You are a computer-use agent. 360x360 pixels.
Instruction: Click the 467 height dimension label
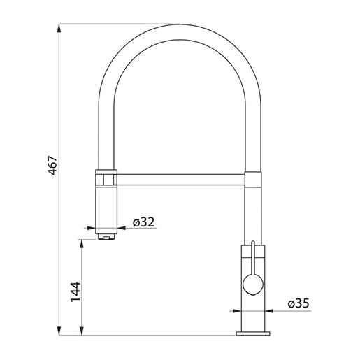coord(52,165)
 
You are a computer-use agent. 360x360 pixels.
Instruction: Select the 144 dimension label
coord(75,291)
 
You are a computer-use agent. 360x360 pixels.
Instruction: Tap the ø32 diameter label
coord(143,222)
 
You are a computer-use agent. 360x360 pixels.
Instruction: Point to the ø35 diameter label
coord(298,303)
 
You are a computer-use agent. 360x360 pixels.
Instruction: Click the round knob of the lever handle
coord(253,285)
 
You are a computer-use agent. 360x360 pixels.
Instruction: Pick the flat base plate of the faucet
coord(253,333)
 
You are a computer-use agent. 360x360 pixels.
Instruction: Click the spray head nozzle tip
coord(106,237)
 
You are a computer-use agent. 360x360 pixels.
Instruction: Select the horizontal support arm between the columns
coord(180,180)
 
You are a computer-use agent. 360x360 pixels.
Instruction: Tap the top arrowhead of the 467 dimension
coord(59,29)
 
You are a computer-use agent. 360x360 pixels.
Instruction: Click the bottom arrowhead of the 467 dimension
coord(59,331)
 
